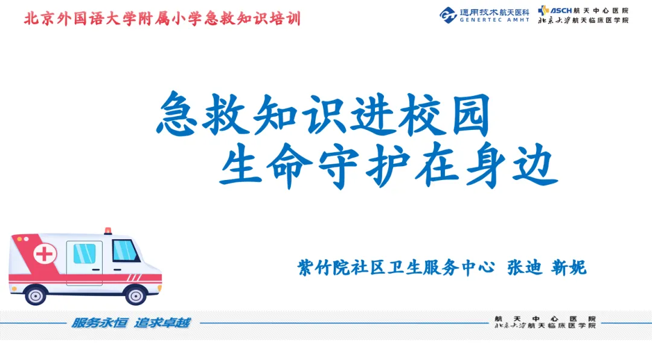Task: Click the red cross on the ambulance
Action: coord(45,254)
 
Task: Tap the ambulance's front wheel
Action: coord(136,295)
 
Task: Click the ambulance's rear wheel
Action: coord(36,295)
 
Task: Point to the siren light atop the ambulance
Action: coord(107,231)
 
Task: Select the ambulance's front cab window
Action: coord(125,250)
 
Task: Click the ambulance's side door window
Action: coord(85,254)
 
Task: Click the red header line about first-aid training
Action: coord(162,19)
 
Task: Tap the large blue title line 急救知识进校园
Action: coord(324,114)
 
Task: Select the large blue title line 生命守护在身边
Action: coord(388,165)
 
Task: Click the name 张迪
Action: coord(525,268)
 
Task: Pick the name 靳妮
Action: coord(569,268)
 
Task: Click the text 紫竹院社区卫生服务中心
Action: coord(396,268)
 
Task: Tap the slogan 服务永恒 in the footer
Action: coord(99,323)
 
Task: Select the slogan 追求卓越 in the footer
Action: coord(162,323)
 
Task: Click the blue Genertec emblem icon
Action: coord(448,15)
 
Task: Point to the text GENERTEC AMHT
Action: coord(494,19)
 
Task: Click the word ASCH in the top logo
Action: coord(561,10)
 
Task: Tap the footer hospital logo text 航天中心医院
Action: coord(545,319)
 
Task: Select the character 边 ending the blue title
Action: coord(535,166)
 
